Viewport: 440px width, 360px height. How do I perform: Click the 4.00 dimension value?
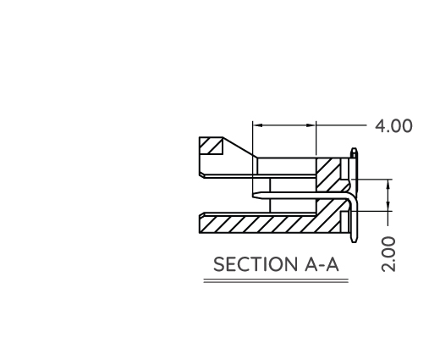point(394,126)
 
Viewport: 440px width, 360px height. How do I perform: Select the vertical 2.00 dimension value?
point(388,253)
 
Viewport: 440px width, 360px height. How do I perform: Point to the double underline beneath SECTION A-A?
point(275,280)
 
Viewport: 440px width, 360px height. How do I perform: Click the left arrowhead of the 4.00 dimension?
point(258,125)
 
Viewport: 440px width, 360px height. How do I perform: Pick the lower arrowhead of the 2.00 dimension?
point(388,206)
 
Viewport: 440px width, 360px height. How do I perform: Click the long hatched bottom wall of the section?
point(262,224)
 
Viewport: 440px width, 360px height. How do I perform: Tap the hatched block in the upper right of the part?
point(328,174)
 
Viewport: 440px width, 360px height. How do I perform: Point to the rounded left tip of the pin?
point(258,196)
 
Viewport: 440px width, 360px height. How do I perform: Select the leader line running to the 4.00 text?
point(343,125)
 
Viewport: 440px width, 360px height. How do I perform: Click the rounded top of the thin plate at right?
point(352,152)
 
